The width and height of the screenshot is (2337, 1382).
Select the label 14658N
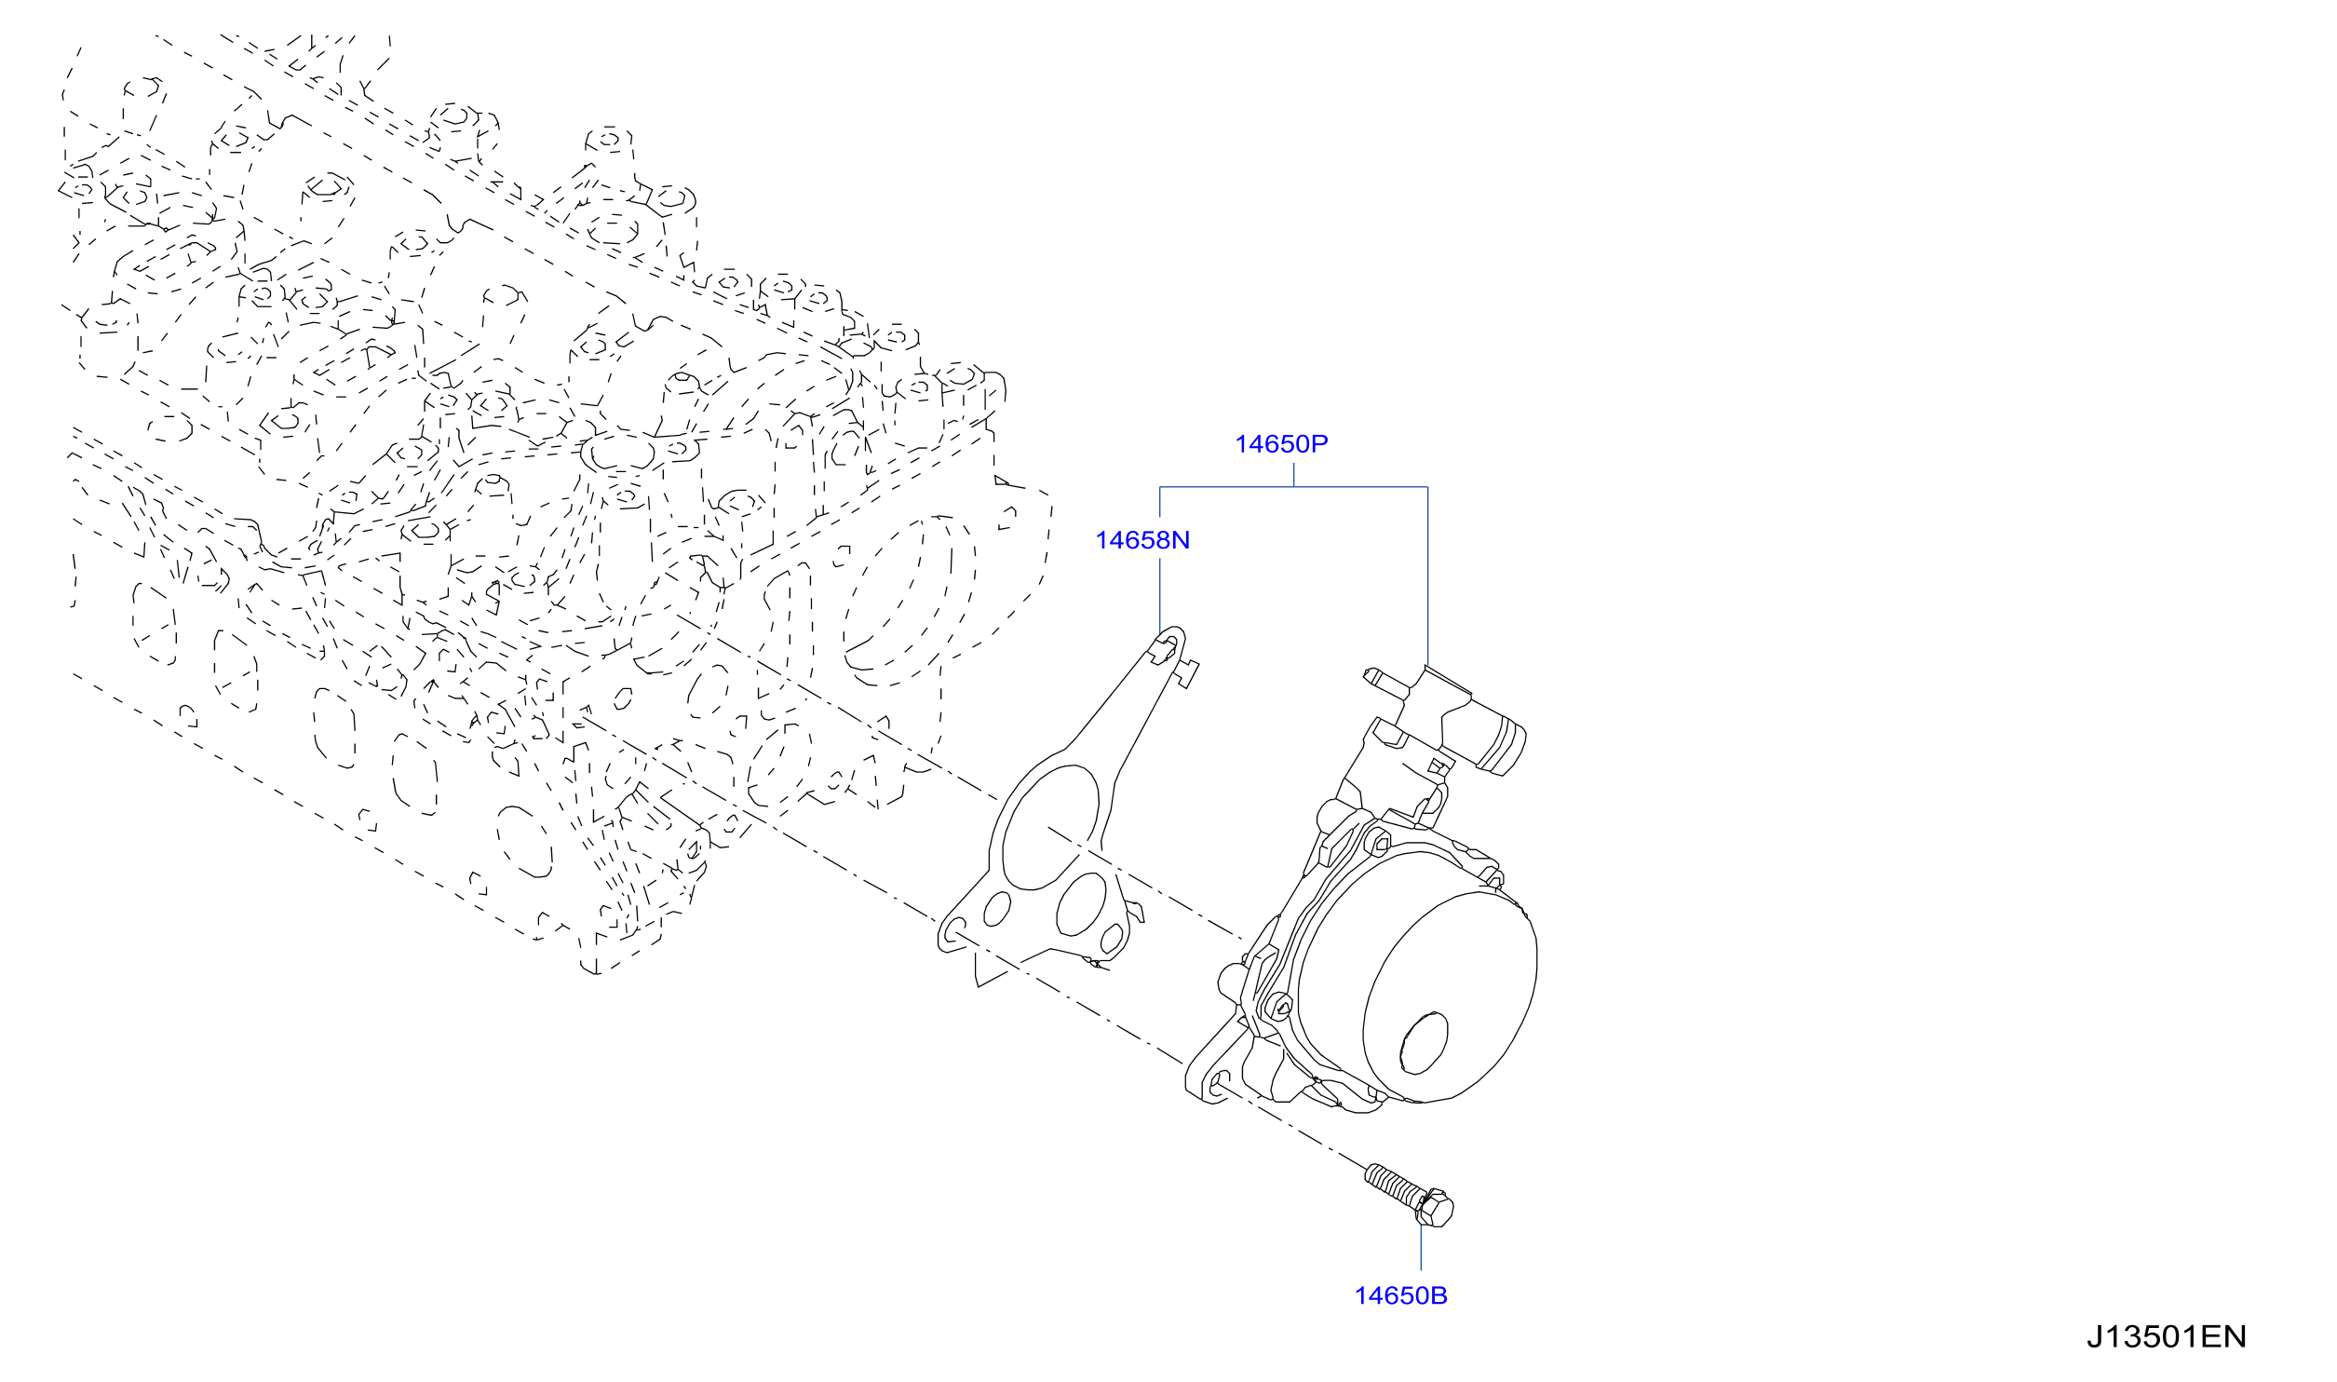click(x=1142, y=540)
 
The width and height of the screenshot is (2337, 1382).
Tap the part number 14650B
click(x=1400, y=1295)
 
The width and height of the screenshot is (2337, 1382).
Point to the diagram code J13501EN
click(x=2166, y=1337)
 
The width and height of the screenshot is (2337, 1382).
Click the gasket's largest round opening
click(x=1050, y=827)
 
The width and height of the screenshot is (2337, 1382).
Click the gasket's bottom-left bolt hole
click(x=954, y=928)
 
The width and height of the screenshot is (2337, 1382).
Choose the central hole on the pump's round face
click(x=1425, y=1044)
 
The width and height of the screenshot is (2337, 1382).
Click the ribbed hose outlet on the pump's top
click(x=1500, y=747)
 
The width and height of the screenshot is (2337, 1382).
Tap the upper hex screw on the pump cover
click(x=1379, y=844)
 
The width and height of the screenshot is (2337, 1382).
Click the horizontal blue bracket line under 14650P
click(x=1293, y=487)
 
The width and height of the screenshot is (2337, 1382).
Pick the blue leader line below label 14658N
click(x=1159, y=596)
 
